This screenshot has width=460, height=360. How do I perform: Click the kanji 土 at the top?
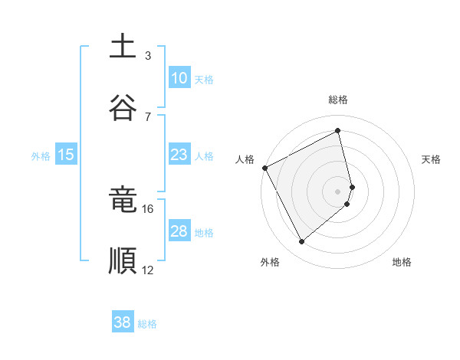click(x=123, y=47)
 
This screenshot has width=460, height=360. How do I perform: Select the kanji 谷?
click(x=123, y=106)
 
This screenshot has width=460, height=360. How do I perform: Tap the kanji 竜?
click(x=123, y=201)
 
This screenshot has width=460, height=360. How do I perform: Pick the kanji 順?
click(x=123, y=260)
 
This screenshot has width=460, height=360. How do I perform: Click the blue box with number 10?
click(x=179, y=78)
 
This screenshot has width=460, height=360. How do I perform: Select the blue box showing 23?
click(x=179, y=155)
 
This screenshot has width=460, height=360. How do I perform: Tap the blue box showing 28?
click(x=179, y=231)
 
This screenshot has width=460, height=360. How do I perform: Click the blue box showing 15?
click(x=66, y=155)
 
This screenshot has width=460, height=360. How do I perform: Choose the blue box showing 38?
click(x=123, y=322)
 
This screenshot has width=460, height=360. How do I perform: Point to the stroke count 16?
click(x=147, y=208)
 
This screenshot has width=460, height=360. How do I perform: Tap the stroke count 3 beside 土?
click(x=147, y=55)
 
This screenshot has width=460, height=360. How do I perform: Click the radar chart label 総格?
click(x=338, y=100)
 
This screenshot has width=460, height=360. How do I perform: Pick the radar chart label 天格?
click(x=431, y=159)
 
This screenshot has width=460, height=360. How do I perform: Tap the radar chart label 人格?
click(x=245, y=159)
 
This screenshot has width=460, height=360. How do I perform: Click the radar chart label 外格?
click(x=270, y=262)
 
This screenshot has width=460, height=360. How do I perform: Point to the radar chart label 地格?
click(x=402, y=262)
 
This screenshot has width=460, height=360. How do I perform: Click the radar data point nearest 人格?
click(x=264, y=168)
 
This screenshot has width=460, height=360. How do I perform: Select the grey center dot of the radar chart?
click(x=338, y=191)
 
